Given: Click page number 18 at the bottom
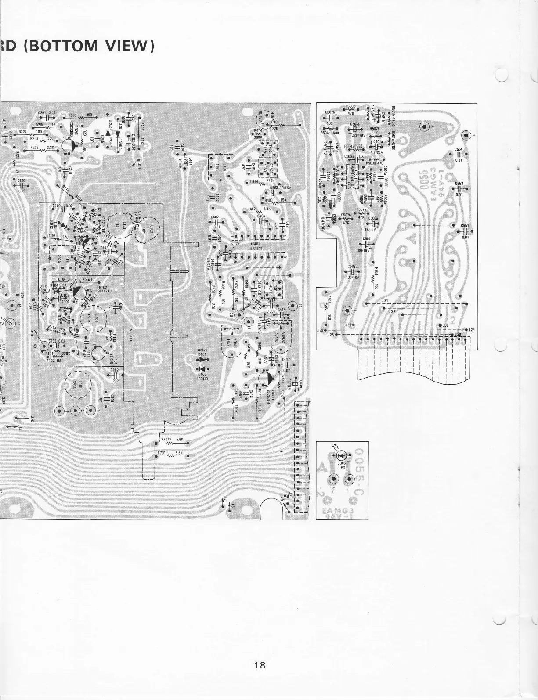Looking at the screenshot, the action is coord(260,665).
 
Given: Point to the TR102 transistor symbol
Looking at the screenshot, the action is coord(79,292).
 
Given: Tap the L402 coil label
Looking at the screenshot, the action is coord(225,167).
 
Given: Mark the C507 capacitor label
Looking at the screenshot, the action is coord(367,239).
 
